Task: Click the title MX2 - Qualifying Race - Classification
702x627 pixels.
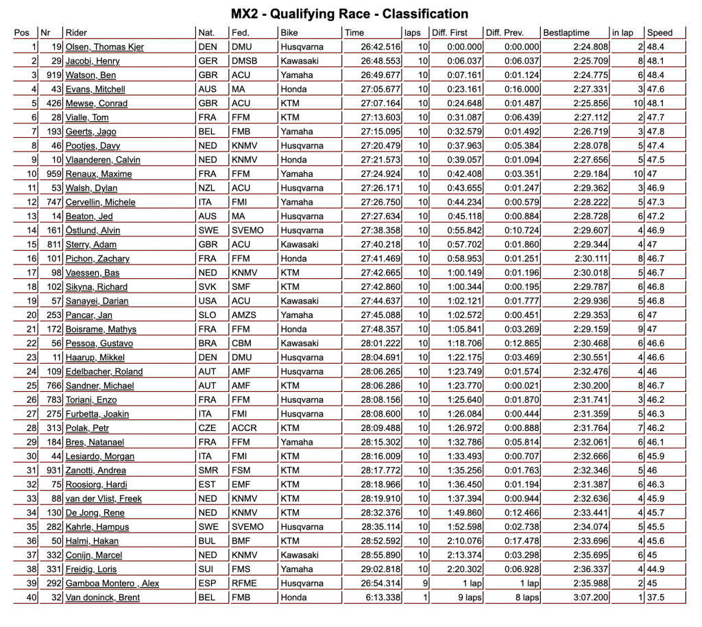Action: click(x=350, y=14)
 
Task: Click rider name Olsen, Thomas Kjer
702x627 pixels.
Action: click(x=104, y=47)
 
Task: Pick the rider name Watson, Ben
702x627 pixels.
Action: click(x=90, y=75)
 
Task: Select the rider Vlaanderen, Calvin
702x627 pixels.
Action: click(x=103, y=160)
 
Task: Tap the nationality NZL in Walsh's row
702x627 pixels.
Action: click(x=208, y=188)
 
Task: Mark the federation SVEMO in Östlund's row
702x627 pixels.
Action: click(x=247, y=230)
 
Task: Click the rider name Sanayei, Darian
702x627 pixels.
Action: click(x=97, y=301)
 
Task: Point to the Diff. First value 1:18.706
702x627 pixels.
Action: click(x=465, y=343)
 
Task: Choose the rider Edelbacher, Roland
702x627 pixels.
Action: click(x=104, y=371)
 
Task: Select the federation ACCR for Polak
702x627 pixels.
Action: click(x=245, y=428)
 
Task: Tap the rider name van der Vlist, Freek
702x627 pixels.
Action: click(x=104, y=498)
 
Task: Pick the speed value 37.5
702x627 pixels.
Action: click(x=657, y=598)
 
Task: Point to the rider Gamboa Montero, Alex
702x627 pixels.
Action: click(x=112, y=583)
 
